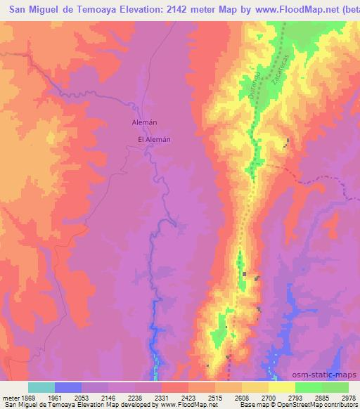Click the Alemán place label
(144, 122)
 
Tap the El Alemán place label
(154, 139)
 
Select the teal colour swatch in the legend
(41, 387)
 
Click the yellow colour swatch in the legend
(282, 387)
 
